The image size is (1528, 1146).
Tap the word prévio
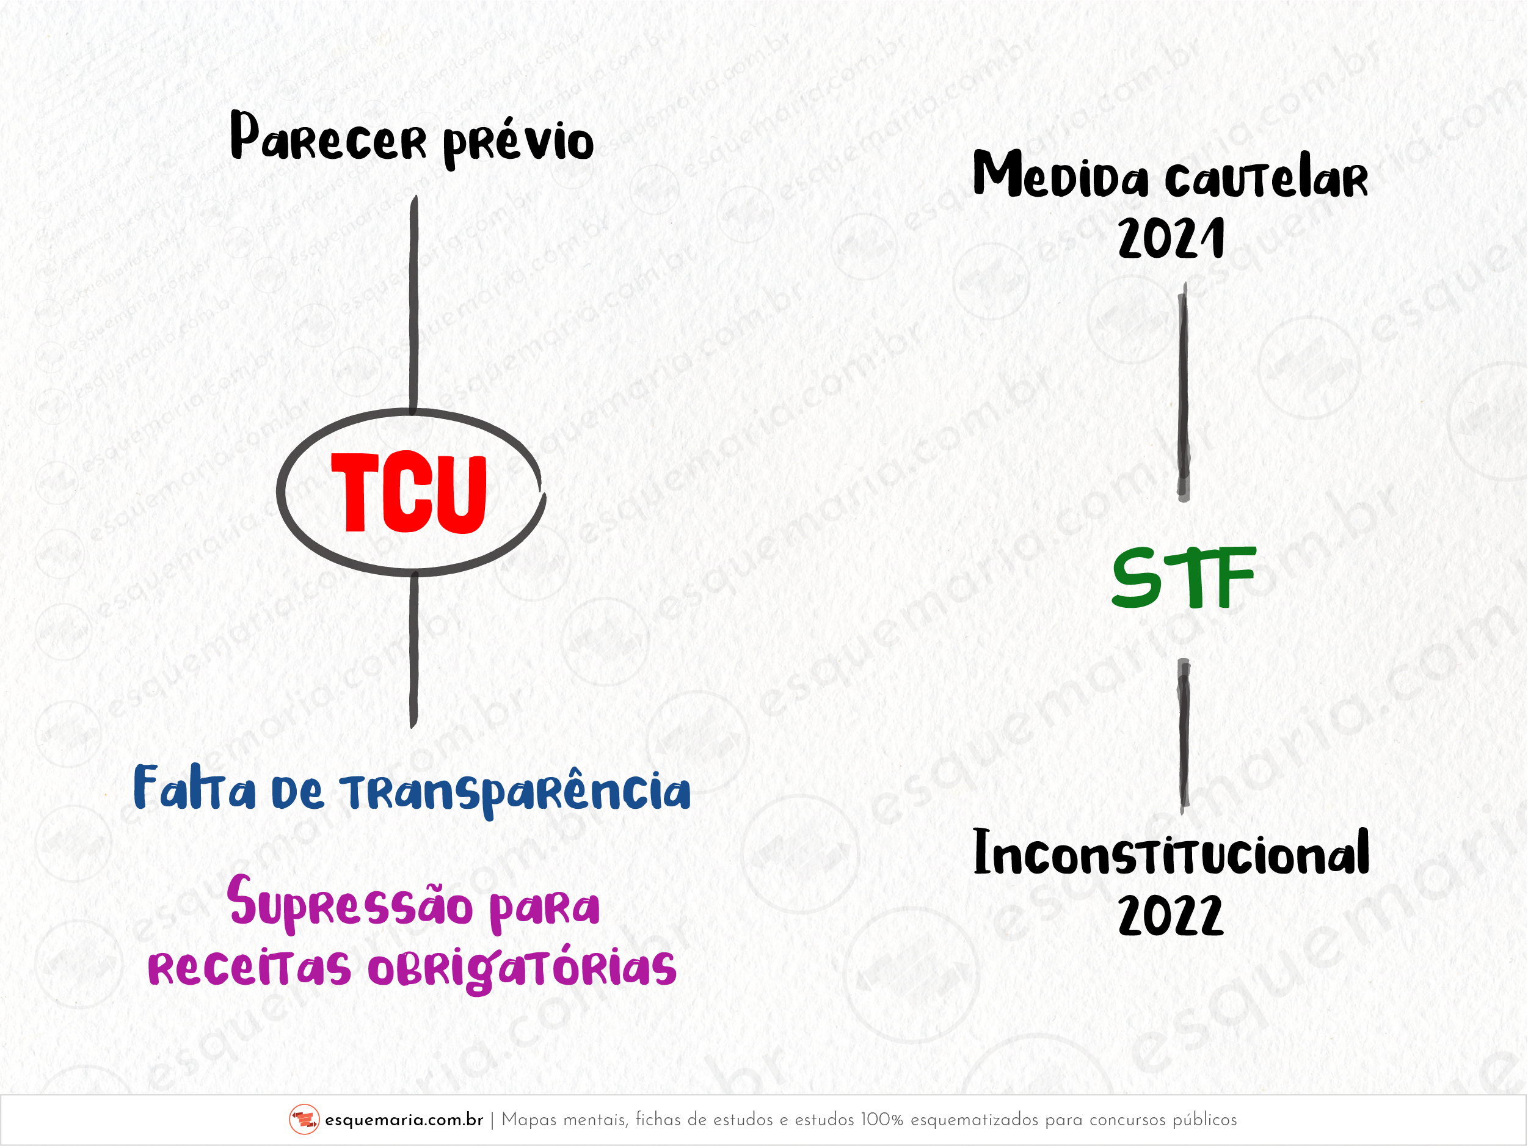pyautogui.click(x=518, y=142)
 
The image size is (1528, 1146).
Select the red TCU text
pyautogui.click(x=409, y=493)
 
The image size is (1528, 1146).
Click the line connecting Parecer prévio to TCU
pyautogui.click(x=414, y=304)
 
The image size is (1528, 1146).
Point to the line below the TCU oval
pyautogui.click(x=414, y=649)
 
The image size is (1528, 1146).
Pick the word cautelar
pyautogui.click(x=1266, y=180)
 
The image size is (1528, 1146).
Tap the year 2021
pyautogui.click(x=1171, y=238)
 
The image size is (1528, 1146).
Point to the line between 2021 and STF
pyautogui.click(x=1184, y=392)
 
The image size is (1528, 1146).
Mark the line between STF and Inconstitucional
pyautogui.click(x=1184, y=736)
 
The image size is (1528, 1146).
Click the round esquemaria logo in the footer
pyautogui.click(x=304, y=1119)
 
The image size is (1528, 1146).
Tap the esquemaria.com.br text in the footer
pyautogui.click(x=404, y=1120)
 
